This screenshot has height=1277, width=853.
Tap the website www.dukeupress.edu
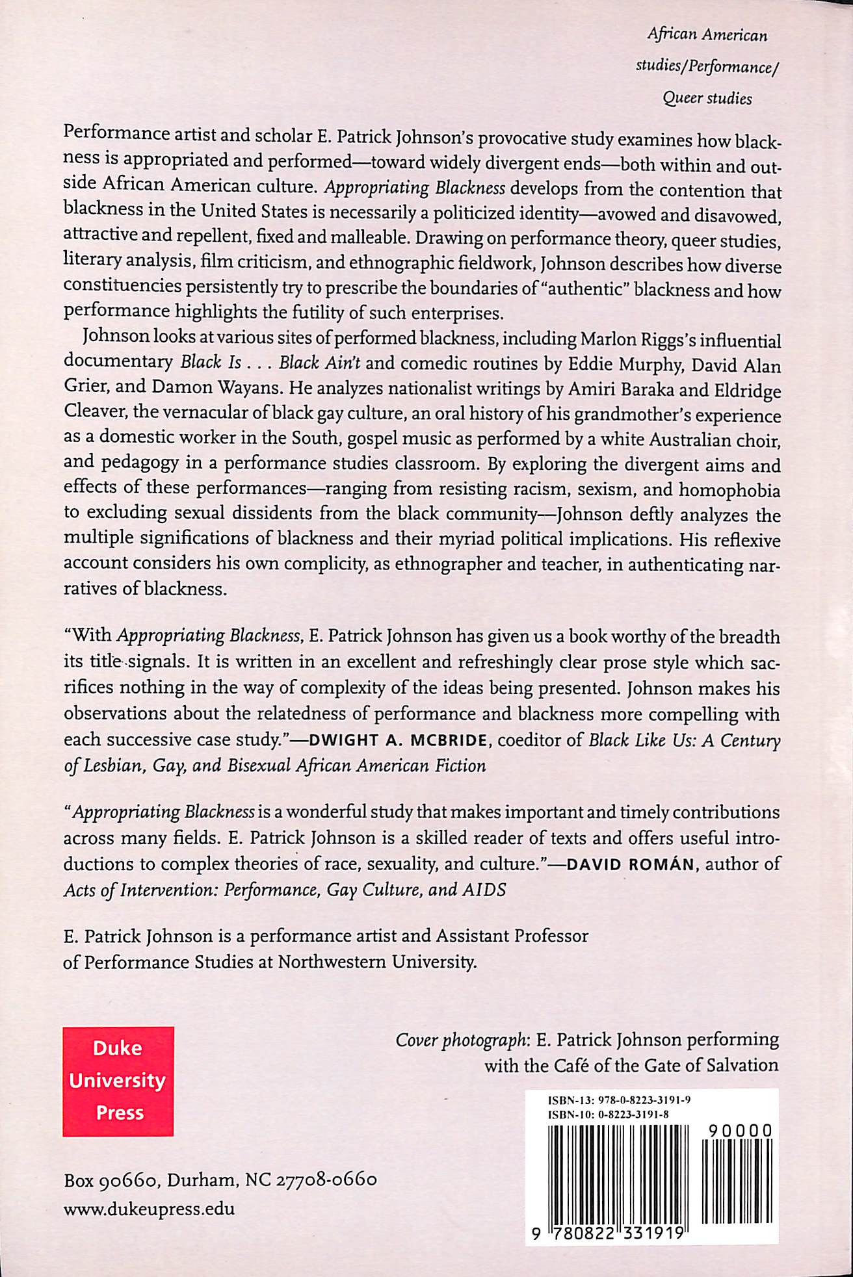149,1209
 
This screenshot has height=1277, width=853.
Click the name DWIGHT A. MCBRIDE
380,740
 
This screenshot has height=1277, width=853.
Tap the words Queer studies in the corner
707,99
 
